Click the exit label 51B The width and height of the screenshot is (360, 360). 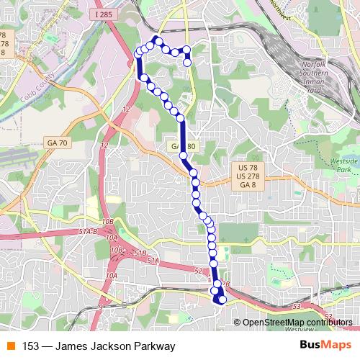tap(140, 254)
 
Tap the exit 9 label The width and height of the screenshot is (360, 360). tap(101, 306)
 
